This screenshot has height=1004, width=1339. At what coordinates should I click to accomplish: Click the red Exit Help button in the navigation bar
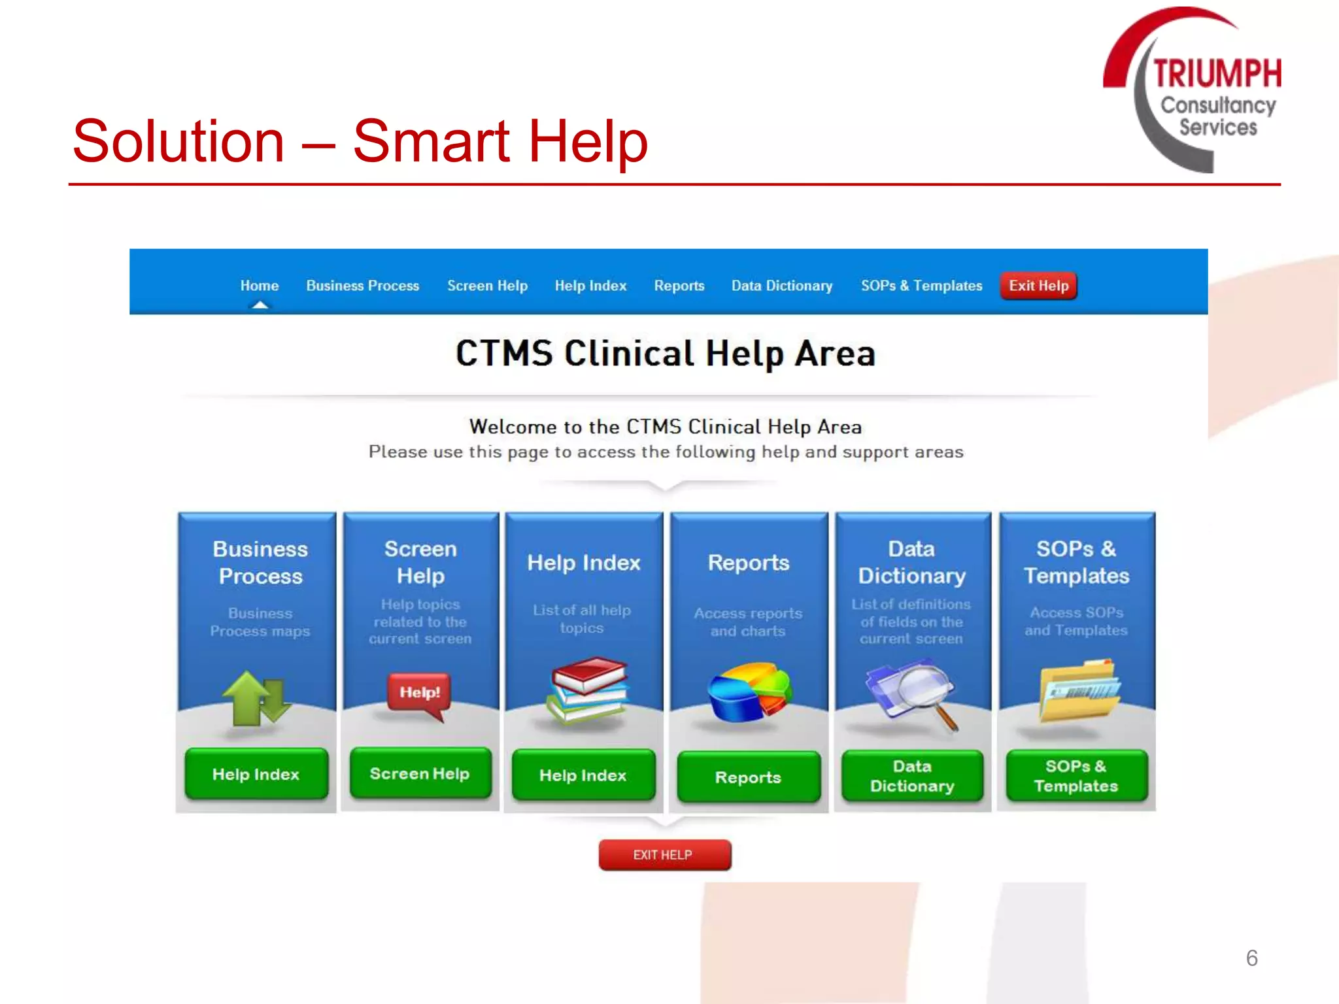(x=1038, y=286)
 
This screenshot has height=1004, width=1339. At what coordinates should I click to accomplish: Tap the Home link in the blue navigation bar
(x=259, y=286)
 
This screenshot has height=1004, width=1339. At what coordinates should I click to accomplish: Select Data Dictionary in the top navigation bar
(x=782, y=286)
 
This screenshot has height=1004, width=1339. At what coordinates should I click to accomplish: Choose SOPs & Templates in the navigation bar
(x=921, y=286)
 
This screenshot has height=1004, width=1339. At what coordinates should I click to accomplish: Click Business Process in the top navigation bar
(x=362, y=286)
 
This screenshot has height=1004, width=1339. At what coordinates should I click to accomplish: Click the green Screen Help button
(x=420, y=773)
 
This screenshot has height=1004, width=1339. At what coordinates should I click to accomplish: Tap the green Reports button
(x=748, y=777)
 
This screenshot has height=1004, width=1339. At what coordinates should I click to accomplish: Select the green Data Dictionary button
(x=912, y=776)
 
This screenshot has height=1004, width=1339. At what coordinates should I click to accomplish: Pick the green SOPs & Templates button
(x=1076, y=776)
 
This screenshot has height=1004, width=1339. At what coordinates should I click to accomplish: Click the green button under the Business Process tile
(x=256, y=774)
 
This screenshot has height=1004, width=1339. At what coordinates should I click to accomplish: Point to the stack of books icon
(x=586, y=691)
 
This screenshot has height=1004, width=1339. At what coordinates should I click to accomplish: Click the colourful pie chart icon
(x=749, y=692)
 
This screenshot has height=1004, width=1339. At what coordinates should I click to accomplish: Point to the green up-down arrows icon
(x=256, y=698)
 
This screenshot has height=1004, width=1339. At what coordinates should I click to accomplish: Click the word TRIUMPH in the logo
(x=1217, y=73)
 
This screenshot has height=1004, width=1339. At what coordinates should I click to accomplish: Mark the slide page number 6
(x=1251, y=958)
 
